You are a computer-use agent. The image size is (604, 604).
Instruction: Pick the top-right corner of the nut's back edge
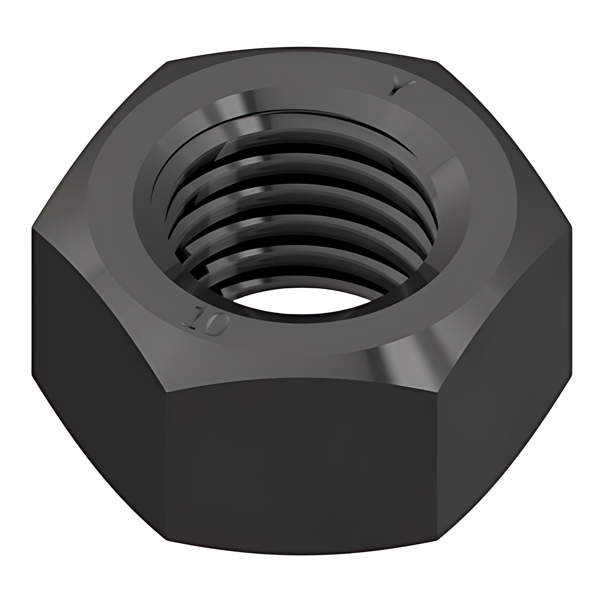click(437, 62)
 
